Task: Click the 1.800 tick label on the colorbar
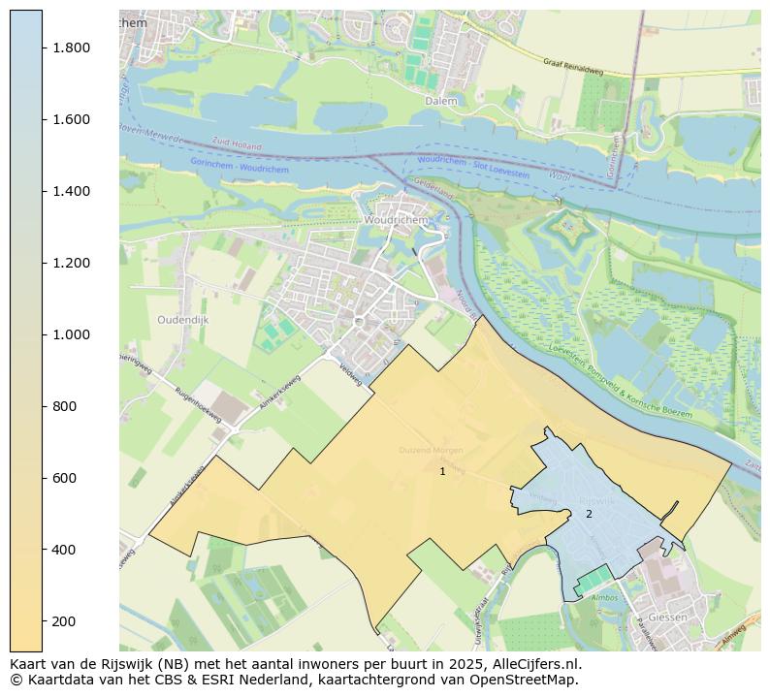pos(72,48)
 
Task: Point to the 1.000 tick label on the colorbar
pos(72,334)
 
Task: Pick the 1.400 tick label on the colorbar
pos(72,191)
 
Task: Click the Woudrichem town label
pos(394,220)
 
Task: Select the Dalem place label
pos(440,100)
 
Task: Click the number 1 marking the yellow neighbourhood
pos(442,471)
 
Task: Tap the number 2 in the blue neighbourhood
pos(588,514)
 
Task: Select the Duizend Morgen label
pos(432,451)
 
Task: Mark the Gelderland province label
pos(433,188)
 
